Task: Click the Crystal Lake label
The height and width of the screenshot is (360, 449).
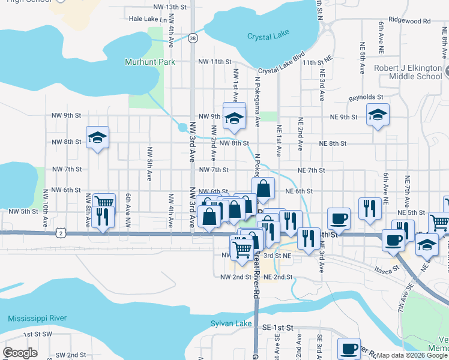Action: [x=268, y=37]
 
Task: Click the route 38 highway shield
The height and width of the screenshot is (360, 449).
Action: [x=192, y=38]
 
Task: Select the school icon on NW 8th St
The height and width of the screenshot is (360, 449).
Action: [x=97, y=137]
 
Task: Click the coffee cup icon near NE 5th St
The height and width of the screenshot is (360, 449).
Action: [x=339, y=219]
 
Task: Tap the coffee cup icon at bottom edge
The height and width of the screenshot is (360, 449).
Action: [x=349, y=349]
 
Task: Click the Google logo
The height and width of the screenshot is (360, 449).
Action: [x=20, y=353]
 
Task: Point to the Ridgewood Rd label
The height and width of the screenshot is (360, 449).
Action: [x=410, y=20]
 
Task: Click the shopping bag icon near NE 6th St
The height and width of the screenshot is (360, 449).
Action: [x=263, y=188]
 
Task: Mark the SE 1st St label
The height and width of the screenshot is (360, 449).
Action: [x=277, y=328]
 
